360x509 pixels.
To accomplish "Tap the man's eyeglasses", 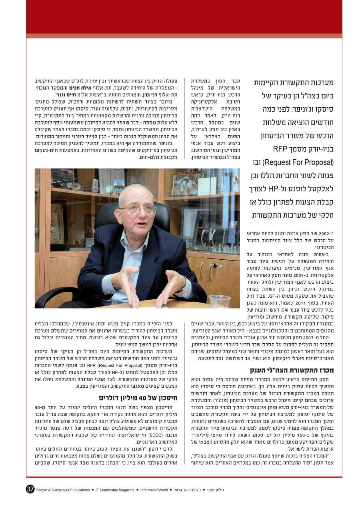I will [x=137, y=209].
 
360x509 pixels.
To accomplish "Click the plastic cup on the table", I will [x=220, y=301].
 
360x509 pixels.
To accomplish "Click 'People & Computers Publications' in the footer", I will [x=63, y=489].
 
